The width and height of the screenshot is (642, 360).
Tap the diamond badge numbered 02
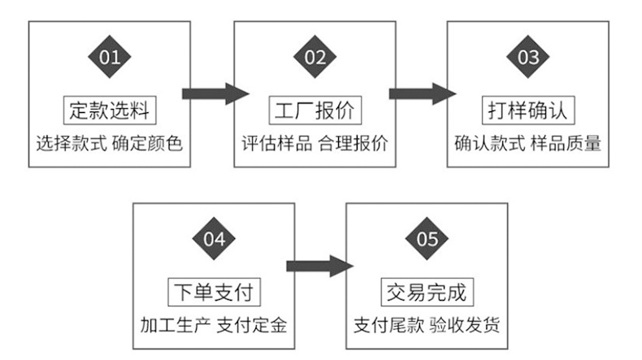[x=314, y=57]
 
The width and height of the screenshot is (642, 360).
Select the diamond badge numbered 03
[x=528, y=57]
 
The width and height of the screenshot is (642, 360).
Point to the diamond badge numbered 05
[x=427, y=239]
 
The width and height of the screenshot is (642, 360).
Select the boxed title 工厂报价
[x=314, y=109]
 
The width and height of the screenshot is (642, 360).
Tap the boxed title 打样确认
[x=528, y=109]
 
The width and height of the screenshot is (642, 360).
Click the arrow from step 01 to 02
[x=214, y=93]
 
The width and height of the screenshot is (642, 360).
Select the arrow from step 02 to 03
[x=422, y=93]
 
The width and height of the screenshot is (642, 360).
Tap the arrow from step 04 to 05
[x=319, y=266]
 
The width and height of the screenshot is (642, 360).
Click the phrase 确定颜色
[x=147, y=145]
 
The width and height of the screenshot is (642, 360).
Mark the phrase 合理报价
[x=354, y=145]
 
